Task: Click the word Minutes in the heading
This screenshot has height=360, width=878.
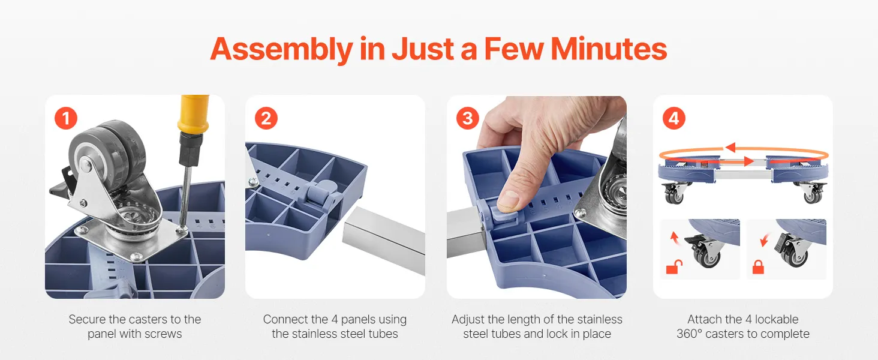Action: click(x=609, y=49)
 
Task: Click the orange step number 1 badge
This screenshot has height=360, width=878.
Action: click(x=66, y=118)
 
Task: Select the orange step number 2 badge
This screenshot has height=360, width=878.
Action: click(x=266, y=118)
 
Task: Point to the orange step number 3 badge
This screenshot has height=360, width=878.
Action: click(x=468, y=118)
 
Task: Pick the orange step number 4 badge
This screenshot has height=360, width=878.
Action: click(x=673, y=118)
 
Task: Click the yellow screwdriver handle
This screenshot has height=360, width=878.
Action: click(x=193, y=114)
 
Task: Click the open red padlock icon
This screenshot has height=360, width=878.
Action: click(x=674, y=268)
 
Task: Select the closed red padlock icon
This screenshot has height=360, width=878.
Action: click(x=758, y=268)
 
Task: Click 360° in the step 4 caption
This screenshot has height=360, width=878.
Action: click(x=689, y=334)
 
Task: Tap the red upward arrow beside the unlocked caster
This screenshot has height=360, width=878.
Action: click(x=674, y=238)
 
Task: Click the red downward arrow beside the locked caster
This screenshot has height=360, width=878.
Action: click(x=764, y=240)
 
